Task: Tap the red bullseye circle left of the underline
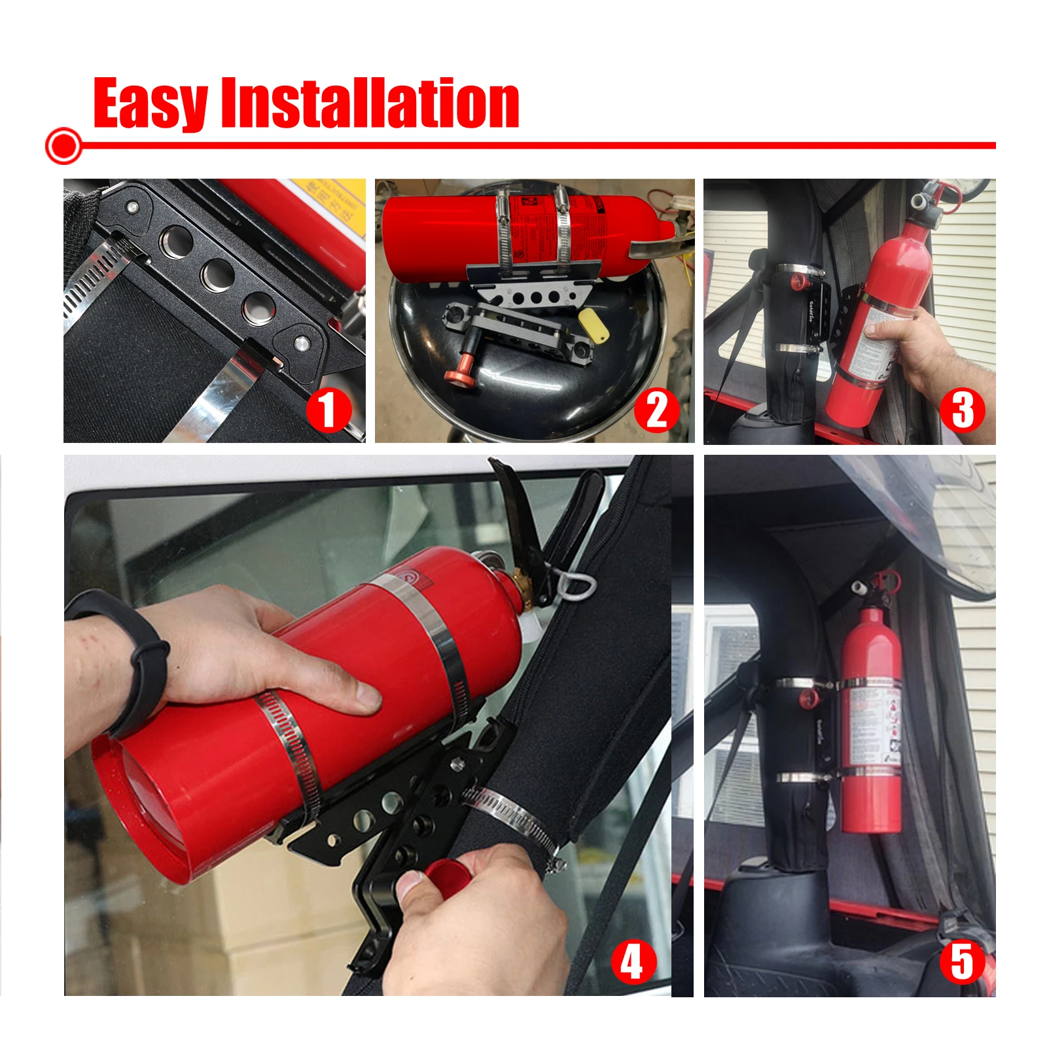click(x=63, y=145)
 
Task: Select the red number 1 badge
click(x=329, y=410)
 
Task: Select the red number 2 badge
click(x=656, y=410)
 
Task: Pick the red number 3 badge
click(x=962, y=410)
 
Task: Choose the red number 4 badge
click(x=632, y=962)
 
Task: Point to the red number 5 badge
click(x=962, y=962)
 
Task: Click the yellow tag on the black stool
click(x=594, y=325)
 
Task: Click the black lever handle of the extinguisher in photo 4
click(x=516, y=517)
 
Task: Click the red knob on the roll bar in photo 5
click(x=807, y=699)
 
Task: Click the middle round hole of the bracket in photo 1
click(x=217, y=274)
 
